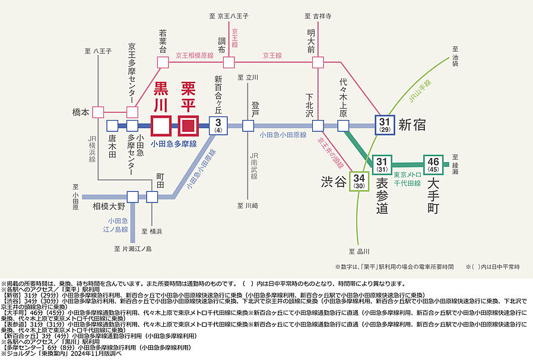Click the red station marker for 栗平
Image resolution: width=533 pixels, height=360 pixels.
point(189,125)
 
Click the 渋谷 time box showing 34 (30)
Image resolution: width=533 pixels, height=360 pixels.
point(358,181)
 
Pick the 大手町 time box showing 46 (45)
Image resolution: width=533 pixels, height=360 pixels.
point(433,163)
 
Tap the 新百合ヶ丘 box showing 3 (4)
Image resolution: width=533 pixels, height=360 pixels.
point(218,125)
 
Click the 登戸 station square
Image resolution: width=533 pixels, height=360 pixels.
point(248,125)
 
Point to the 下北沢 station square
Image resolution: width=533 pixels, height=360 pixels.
point(318,125)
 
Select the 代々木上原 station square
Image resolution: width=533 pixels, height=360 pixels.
point(343,125)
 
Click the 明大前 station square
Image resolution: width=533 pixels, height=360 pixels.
point(318,62)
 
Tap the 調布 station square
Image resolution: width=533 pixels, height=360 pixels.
point(229,62)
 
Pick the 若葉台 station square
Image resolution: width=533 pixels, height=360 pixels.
point(162,62)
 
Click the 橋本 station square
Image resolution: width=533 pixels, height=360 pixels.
point(99,112)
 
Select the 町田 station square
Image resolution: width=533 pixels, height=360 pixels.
point(152,197)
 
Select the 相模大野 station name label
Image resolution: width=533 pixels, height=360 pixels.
point(109,207)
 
